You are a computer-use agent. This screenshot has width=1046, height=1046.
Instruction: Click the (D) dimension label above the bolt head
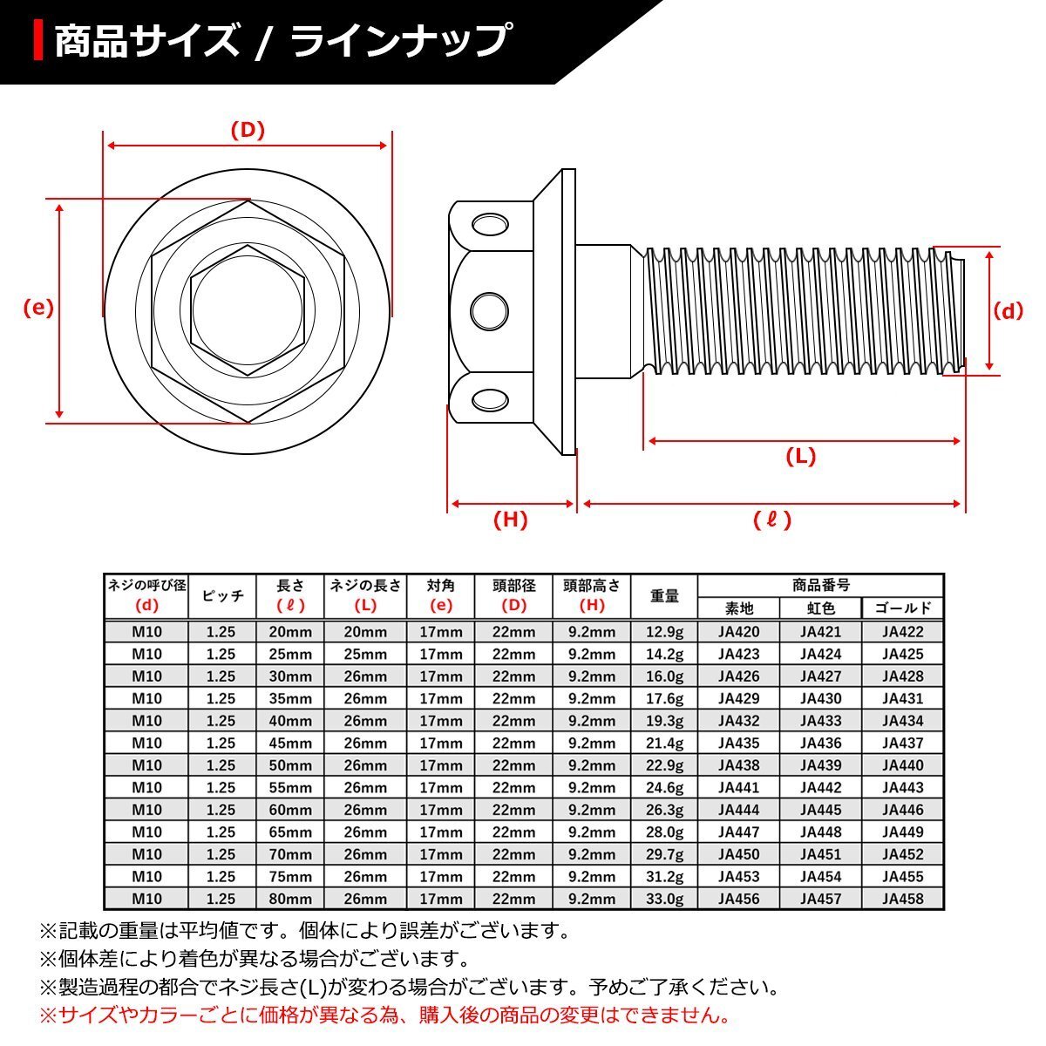(x=248, y=131)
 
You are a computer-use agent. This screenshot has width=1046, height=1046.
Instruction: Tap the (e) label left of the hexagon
(x=38, y=308)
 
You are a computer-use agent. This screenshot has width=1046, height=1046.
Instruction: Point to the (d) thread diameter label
(x=1008, y=311)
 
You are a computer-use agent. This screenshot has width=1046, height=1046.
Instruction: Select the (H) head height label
(x=510, y=520)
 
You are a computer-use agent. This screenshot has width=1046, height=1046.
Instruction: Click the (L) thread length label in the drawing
(x=801, y=457)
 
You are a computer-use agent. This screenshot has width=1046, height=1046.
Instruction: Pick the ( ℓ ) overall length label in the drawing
(x=772, y=520)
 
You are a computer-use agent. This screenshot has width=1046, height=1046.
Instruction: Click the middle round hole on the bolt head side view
(x=489, y=311)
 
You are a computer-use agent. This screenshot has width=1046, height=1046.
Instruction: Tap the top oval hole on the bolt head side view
(x=490, y=225)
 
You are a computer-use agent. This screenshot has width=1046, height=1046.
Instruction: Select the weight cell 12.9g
(x=664, y=632)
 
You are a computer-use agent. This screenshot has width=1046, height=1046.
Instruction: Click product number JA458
(x=902, y=899)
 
